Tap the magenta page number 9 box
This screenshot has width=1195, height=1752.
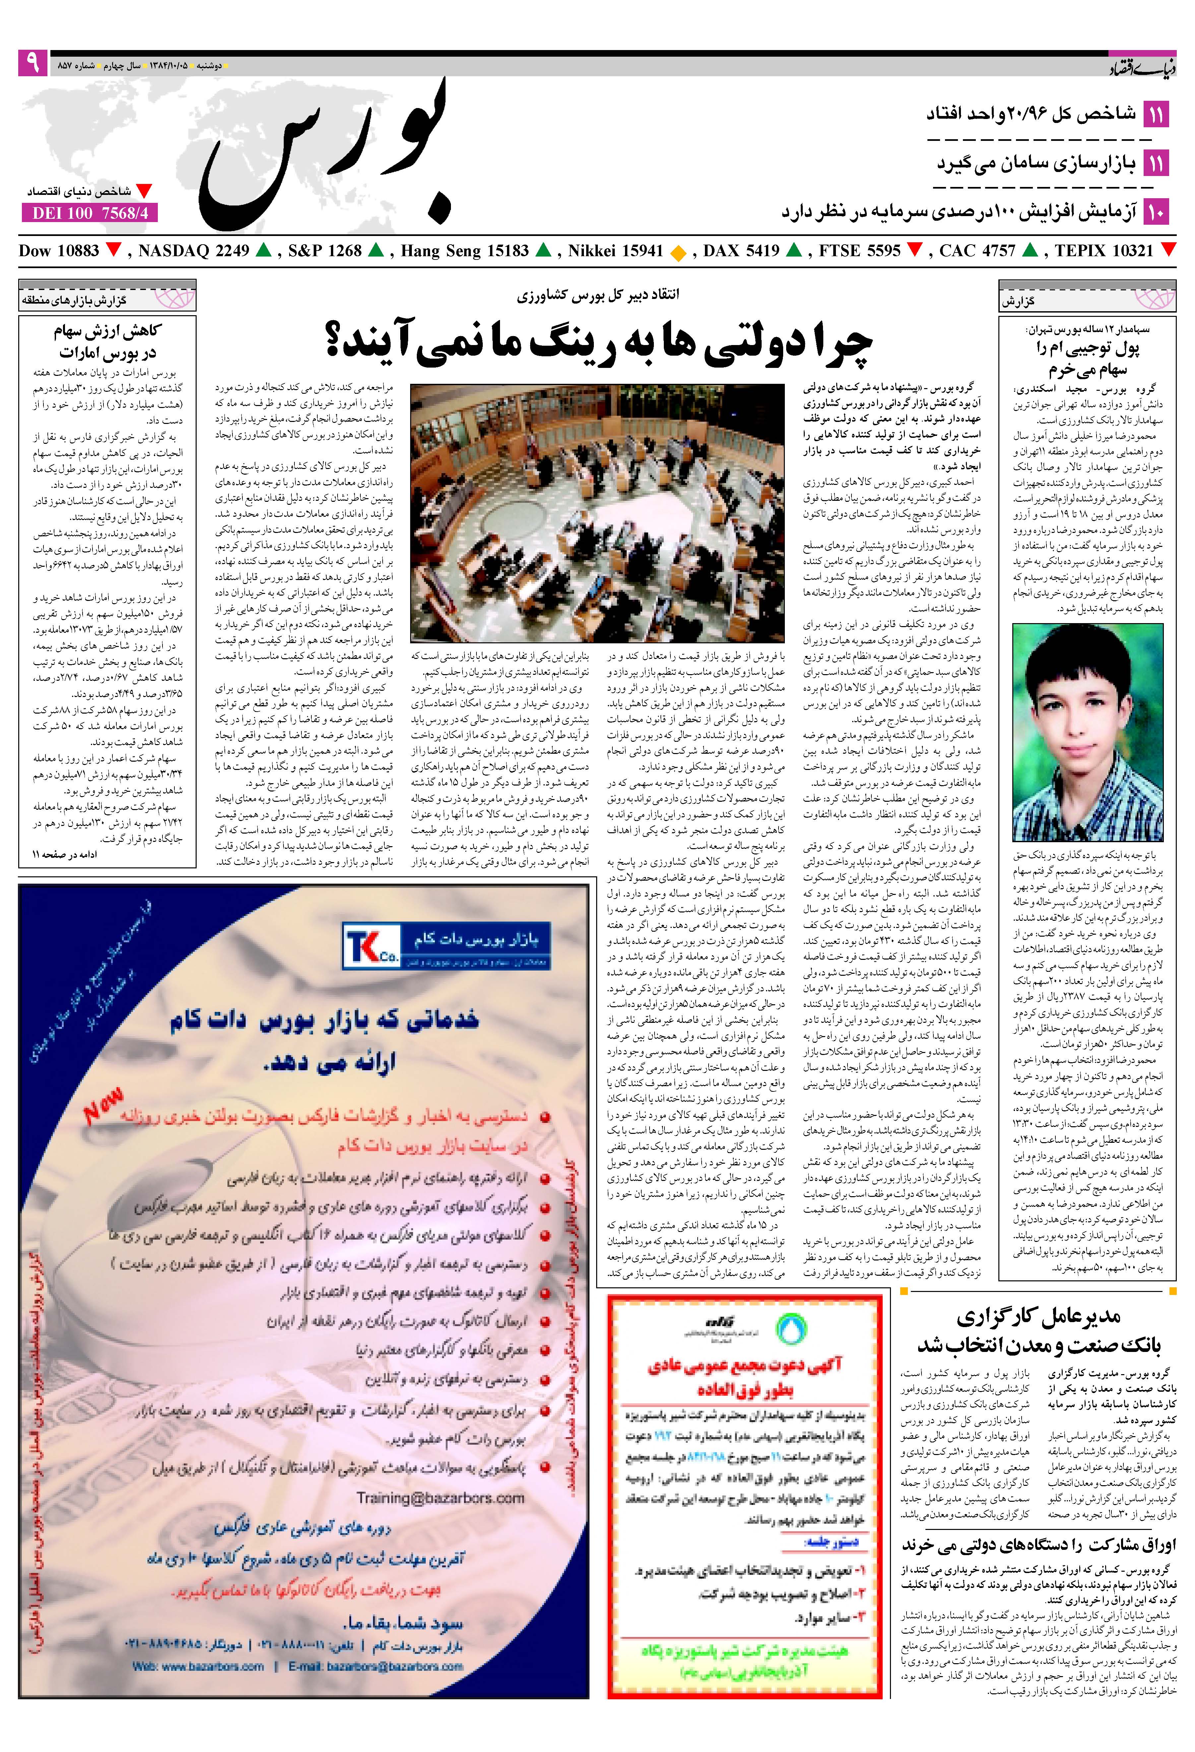click(x=32, y=63)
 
